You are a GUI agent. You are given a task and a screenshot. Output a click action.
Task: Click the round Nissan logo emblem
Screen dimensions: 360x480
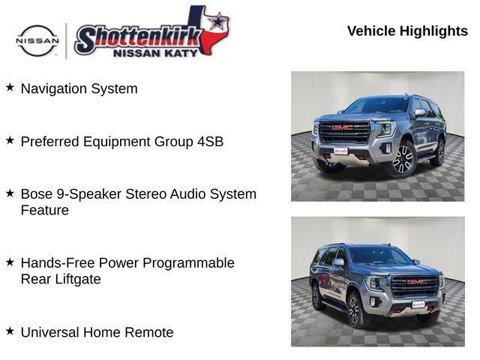37,40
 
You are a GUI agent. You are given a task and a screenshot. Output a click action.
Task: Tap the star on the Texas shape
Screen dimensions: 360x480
217,22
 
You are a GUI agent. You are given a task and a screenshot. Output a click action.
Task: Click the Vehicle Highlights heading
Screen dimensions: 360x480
407,31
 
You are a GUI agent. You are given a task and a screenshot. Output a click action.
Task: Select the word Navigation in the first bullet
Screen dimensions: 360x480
54,88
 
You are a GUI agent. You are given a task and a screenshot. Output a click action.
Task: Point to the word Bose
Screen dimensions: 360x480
37,193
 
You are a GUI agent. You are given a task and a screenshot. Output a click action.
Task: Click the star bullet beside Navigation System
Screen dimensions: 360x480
10,87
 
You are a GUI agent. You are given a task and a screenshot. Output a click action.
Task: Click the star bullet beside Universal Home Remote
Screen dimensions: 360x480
10,331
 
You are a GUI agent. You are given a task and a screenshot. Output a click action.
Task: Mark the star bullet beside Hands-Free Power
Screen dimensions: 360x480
10,262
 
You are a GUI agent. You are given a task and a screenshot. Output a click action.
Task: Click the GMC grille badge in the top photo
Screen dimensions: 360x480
343,127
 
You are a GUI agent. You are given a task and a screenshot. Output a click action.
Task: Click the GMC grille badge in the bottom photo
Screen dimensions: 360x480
415,282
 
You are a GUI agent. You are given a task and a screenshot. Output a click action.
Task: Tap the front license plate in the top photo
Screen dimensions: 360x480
340,151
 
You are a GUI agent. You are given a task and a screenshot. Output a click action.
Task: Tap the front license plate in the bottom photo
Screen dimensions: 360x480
418,304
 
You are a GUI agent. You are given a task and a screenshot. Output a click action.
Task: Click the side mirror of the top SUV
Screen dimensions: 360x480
420,112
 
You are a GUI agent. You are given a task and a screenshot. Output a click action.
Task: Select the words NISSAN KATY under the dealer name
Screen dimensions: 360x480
155,53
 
